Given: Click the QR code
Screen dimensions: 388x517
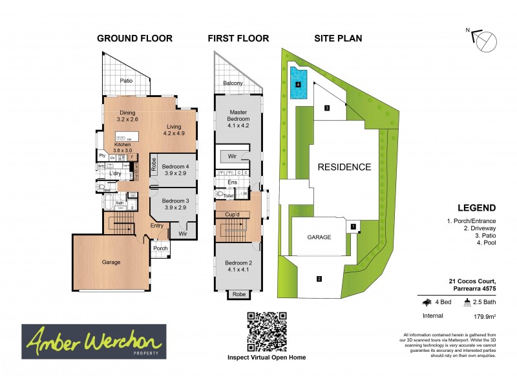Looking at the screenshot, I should (266, 331).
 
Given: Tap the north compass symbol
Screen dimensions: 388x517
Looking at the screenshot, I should (485, 42).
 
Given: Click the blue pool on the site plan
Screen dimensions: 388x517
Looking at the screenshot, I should (299, 84).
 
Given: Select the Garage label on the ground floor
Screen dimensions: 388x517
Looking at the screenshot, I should (111, 262).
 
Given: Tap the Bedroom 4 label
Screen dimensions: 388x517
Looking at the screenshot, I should (174, 165).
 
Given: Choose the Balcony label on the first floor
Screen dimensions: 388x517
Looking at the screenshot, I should (233, 83).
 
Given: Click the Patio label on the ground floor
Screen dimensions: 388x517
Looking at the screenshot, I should (126, 81).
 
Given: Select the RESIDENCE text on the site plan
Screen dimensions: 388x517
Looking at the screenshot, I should (344, 167).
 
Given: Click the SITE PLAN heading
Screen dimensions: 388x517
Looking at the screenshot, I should (338, 38).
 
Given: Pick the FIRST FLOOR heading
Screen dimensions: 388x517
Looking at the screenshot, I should (238, 38).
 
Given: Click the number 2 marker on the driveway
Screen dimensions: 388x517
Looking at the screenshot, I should (319, 279).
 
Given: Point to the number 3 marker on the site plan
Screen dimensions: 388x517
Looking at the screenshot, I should (327, 108).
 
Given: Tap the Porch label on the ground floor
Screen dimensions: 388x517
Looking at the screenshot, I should (160, 249).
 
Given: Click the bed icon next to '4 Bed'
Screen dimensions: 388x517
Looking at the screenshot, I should (426, 301).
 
